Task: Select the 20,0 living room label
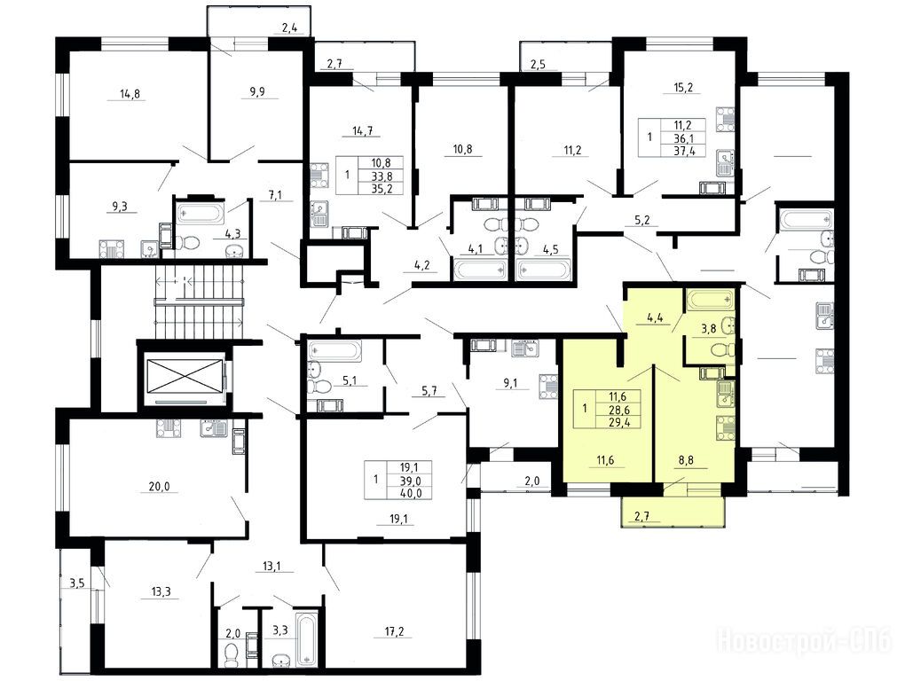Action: pos(160,487)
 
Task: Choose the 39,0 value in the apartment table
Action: pos(411,481)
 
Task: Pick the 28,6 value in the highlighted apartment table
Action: pos(617,410)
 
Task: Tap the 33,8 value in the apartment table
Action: pos(382,176)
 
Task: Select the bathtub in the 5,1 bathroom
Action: pos(334,350)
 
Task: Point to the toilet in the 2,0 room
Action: pos(231,654)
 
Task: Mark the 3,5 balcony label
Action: pos(77,584)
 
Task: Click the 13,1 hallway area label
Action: pos(271,566)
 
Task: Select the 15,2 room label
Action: pos(683,88)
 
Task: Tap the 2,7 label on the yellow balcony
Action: pos(641,516)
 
